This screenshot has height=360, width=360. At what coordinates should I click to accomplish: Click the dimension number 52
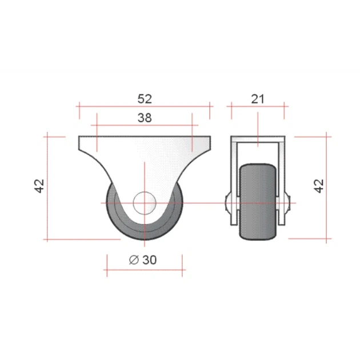(145, 99)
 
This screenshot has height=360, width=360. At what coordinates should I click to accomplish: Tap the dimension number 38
(145, 118)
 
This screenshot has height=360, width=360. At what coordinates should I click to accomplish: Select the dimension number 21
(258, 99)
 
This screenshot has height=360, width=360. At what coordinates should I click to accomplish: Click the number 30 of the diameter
(150, 260)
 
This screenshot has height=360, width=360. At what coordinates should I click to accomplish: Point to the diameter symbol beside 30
(134, 260)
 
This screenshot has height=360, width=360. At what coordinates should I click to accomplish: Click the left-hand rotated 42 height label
(39, 186)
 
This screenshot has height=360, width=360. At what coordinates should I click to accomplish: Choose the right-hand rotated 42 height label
(319, 186)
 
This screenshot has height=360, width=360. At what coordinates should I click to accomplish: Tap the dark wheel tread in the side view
(258, 202)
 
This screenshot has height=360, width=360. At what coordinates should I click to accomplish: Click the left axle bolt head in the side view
(228, 203)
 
